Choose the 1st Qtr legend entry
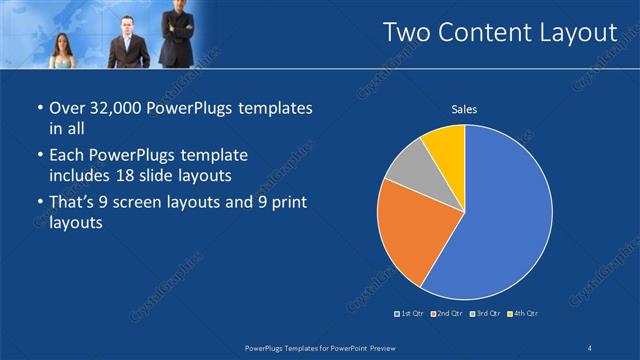(x=410, y=314)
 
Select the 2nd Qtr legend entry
(x=445, y=314)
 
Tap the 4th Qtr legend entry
(x=521, y=314)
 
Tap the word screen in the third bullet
(x=146, y=204)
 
